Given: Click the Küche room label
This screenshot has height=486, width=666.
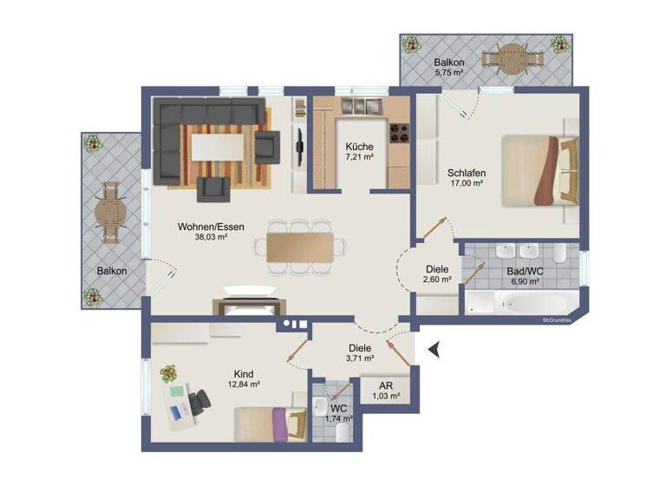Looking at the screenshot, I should (x=359, y=146).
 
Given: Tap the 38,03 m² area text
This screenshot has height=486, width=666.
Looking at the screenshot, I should (x=211, y=237).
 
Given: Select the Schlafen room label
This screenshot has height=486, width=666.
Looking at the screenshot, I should (x=467, y=173).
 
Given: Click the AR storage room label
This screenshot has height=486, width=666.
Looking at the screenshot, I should (x=385, y=385).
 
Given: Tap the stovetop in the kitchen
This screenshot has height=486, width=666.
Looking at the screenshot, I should (x=398, y=134).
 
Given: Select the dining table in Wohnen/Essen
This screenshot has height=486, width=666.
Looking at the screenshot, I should (x=299, y=246).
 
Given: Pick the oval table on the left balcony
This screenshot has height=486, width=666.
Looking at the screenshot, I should (x=109, y=213).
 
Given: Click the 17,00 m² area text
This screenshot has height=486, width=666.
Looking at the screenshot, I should (x=467, y=184).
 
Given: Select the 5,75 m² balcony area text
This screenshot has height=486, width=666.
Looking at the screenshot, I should (x=449, y=74).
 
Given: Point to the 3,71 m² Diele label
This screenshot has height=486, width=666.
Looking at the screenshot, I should (x=359, y=358).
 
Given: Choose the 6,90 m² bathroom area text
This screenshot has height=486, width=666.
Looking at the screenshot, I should (x=524, y=282).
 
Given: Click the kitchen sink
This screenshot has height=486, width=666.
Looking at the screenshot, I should (x=358, y=106).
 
